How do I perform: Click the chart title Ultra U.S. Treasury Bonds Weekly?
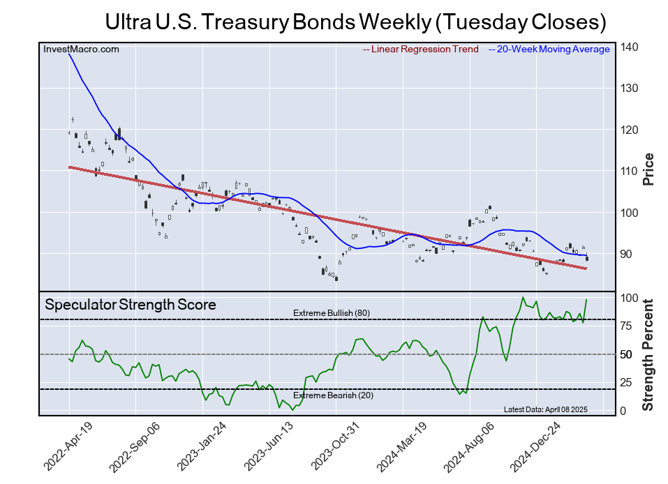pyautogui.click(x=355, y=22)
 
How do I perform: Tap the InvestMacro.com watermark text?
pyautogui.click(x=81, y=50)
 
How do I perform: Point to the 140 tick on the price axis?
pyautogui.click(x=629, y=47)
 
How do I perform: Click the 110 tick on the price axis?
pyautogui.click(x=629, y=171)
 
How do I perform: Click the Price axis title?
pyautogui.click(x=648, y=169)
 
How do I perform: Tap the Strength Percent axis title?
pyautogui.click(x=648, y=354)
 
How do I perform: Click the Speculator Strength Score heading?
pyautogui.click(x=131, y=305)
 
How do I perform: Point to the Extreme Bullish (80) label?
pyautogui.click(x=331, y=313)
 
